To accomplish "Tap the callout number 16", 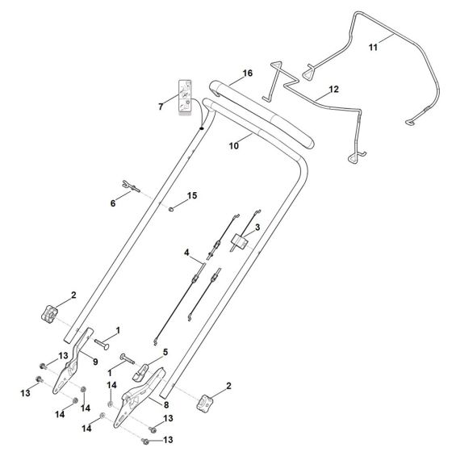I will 248,73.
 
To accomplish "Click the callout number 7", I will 161,107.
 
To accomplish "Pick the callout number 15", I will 192,197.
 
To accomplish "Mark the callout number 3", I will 257,228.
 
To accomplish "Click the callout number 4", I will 186,253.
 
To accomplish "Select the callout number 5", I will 165,352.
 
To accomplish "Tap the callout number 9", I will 97,362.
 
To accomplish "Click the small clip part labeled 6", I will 130,187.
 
